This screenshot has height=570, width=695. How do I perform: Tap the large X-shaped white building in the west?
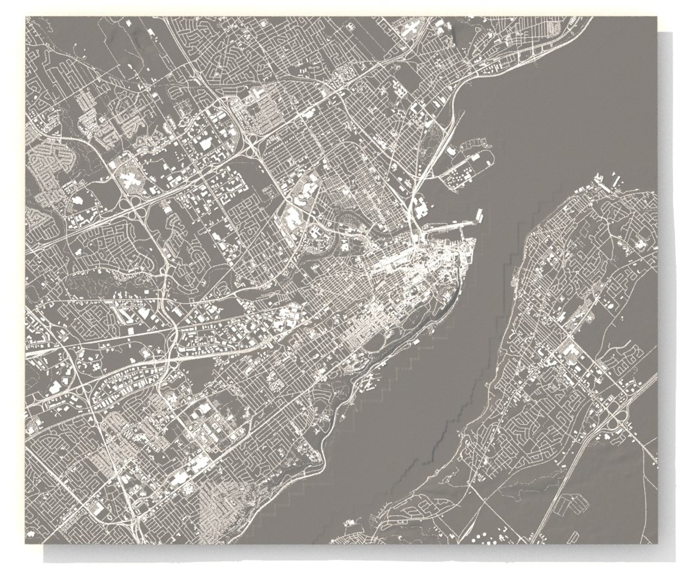130,178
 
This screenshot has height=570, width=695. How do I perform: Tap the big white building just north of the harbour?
421,207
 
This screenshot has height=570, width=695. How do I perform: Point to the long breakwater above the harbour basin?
449,225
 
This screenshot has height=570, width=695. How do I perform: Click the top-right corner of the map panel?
658,17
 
